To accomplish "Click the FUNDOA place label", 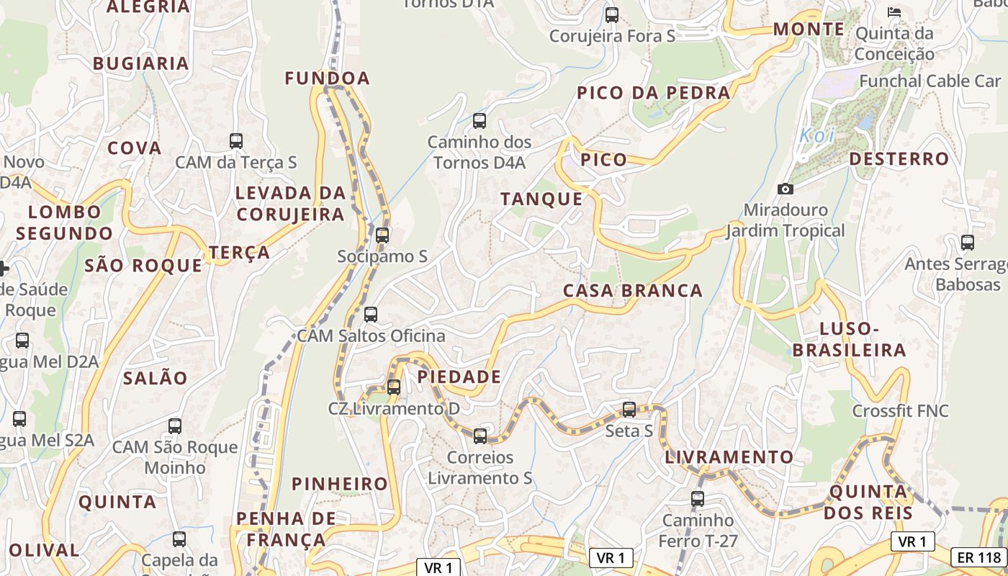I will (x=327, y=78).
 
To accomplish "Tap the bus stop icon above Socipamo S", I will (x=382, y=235).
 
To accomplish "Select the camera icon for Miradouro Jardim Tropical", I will (x=786, y=189).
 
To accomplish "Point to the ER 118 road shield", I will (x=979, y=557).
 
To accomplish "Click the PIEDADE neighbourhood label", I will (x=459, y=377).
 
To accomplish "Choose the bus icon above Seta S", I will (x=629, y=410).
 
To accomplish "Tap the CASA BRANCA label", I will (x=632, y=291).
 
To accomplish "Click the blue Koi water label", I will (x=816, y=135).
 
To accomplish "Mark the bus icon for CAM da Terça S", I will (x=236, y=141).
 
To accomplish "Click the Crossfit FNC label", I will (x=900, y=411).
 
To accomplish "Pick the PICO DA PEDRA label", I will (x=653, y=93).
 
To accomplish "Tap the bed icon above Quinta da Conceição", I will (x=894, y=12).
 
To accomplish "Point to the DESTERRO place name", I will (x=899, y=158).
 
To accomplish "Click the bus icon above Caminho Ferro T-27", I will (x=697, y=498).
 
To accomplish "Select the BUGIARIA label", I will (x=141, y=63).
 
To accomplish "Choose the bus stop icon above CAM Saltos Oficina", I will (x=371, y=315).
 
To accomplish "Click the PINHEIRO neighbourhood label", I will (x=340, y=484).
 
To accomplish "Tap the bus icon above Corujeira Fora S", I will (x=612, y=14).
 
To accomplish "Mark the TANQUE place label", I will (x=541, y=199).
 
